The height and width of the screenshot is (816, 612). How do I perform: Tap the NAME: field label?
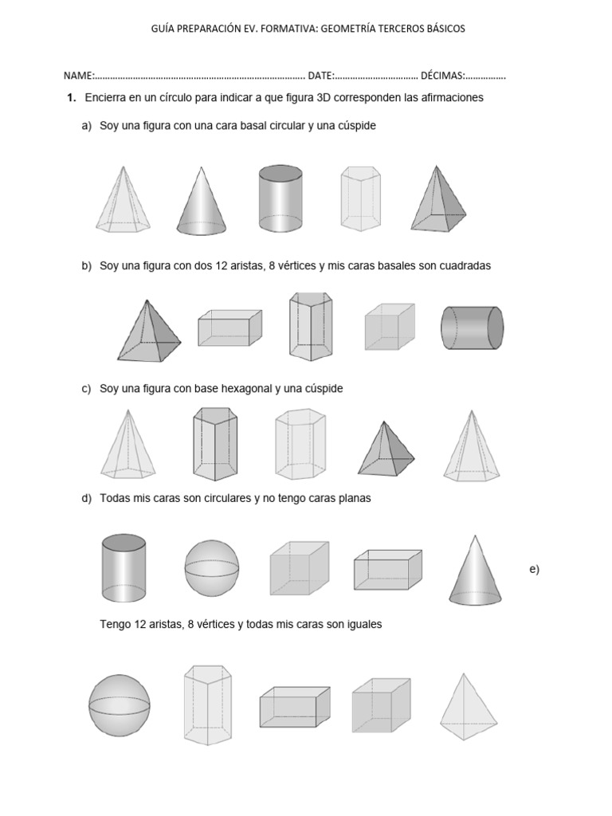[x=80, y=76]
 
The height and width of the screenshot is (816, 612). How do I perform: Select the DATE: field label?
[x=321, y=76]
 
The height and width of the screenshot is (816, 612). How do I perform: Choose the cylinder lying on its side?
[x=472, y=328]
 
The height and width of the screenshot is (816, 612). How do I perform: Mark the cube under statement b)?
[x=389, y=327]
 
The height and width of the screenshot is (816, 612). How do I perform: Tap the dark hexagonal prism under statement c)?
[x=214, y=444]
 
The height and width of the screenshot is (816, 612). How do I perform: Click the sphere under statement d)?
[x=211, y=568]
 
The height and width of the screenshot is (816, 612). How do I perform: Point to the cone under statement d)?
[x=475, y=569]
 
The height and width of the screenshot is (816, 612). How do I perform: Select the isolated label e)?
[x=534, y=568]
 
